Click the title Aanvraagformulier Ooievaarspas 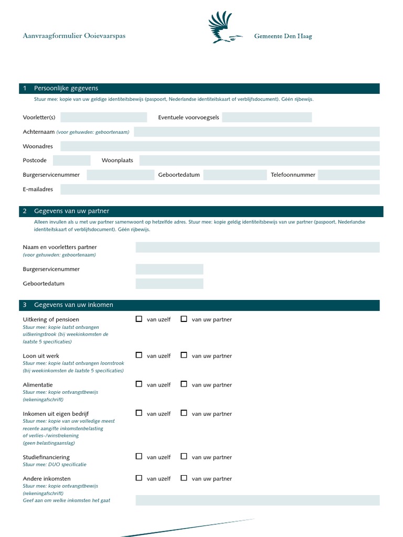74,36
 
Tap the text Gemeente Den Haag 283,36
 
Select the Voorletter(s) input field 103,117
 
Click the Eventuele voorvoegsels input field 267,117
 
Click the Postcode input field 71,160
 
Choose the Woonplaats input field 259,160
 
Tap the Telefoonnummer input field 348,175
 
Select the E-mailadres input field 220,189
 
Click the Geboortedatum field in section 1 235,175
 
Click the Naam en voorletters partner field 257,248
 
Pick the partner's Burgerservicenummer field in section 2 169,270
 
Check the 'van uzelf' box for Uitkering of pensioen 139,319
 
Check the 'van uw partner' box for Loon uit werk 184,355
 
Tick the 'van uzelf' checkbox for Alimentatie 139,384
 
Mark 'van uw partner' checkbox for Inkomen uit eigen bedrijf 184,413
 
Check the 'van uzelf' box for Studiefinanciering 139,456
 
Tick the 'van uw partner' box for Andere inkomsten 184,478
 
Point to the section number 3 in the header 25,305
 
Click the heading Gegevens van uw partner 71,211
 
